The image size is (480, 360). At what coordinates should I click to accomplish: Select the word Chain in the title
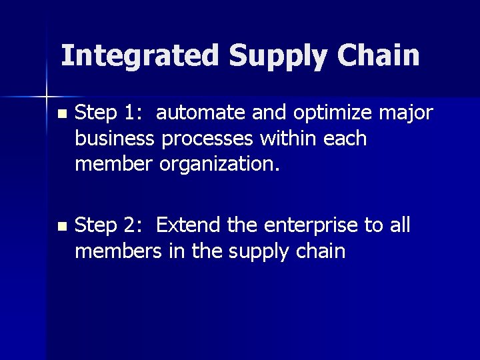[379, 56]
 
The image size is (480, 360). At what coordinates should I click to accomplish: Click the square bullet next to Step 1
[62, 115]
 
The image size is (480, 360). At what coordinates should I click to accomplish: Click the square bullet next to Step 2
[62, 227]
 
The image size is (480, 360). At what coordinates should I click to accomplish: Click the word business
[115, 139]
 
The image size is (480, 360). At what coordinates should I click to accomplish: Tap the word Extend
[189, 226]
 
